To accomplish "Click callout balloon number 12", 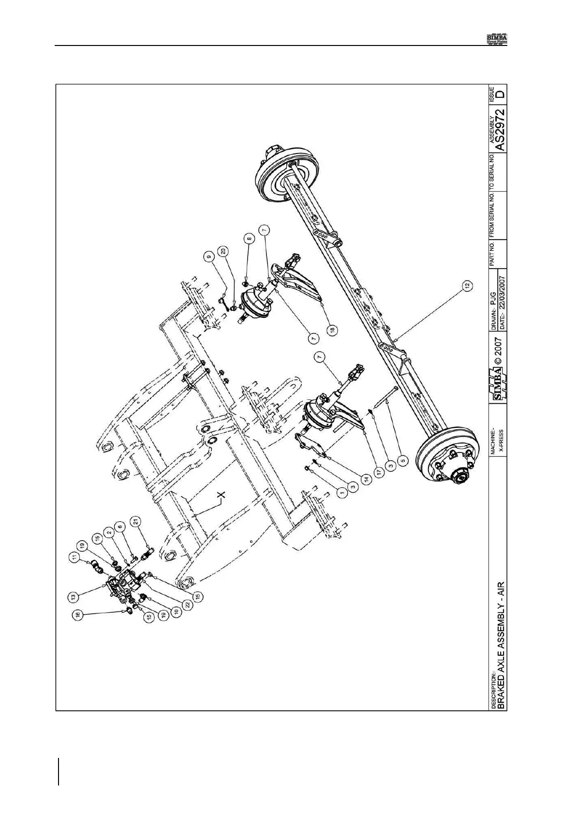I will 467,286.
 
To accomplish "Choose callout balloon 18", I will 333,329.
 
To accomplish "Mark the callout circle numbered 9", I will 209,257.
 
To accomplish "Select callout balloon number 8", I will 249,239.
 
